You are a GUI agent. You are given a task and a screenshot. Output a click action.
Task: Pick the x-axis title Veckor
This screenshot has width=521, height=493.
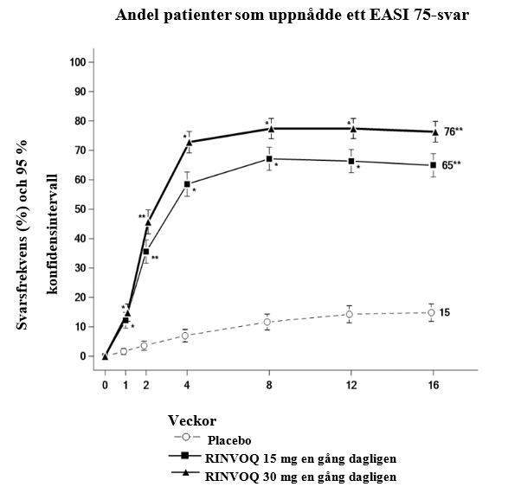pos(192,422)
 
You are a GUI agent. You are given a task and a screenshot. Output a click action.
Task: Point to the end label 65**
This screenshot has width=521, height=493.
pos(453,164)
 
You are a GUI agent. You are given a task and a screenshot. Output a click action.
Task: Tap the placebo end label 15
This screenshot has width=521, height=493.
pos(445,312)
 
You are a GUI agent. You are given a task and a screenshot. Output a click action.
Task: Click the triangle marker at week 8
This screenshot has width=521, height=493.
pos(270,128)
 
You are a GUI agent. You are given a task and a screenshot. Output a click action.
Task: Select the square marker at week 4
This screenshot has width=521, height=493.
pos(188,183)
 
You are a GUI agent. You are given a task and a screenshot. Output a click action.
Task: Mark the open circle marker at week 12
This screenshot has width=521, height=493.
pos(350,314)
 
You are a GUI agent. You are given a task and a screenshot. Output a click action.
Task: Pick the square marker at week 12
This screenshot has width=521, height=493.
pos(351,161)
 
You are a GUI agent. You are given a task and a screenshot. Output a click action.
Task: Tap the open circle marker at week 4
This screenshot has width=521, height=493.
pos(188,336)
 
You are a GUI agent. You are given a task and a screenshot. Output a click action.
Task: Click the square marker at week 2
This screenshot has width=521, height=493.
pos(146,252)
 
